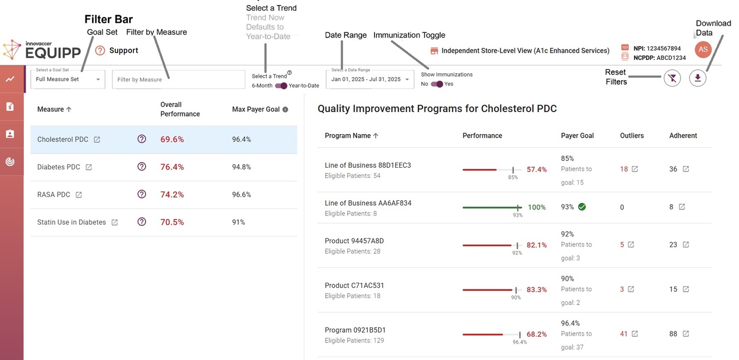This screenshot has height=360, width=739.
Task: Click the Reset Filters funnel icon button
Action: pos(672,78)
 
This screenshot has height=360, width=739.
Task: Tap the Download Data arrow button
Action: pos(698,78)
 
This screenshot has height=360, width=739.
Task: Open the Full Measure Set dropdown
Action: pos(68,80)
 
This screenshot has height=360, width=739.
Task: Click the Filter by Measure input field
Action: pos(178,80)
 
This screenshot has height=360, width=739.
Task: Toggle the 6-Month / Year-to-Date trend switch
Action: pos(281,86)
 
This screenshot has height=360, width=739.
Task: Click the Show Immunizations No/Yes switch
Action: pos(437,84)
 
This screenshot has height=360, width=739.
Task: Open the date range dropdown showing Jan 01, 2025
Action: pos(370,80)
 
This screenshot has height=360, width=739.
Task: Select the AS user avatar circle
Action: pos(703,49)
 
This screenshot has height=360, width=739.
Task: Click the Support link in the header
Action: pos(123,51)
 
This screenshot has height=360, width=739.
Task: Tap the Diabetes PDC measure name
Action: pos(59,167)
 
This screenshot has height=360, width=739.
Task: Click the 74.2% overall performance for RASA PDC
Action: pos(172,195)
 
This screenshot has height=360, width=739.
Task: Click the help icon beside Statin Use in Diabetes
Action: pos(142,222)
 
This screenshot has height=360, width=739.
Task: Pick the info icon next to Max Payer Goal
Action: pos(285,110)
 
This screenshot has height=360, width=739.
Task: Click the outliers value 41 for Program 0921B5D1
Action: pos(624,334)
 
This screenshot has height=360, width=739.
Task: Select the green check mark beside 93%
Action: pos(582,207)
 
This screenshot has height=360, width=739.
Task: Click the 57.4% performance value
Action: pos(537,169)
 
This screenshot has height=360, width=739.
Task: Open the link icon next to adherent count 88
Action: pos(686,334)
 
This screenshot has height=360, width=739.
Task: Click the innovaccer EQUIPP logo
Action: pos(43,50)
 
